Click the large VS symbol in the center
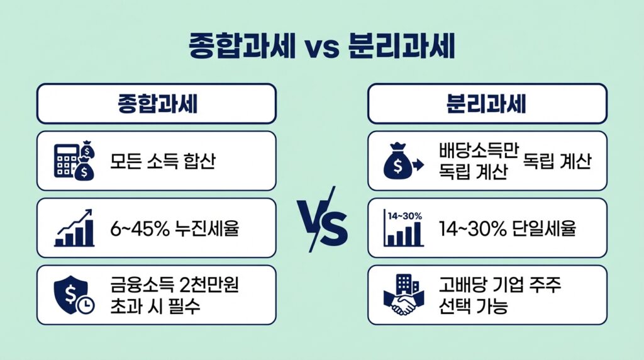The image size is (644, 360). coord(322,220)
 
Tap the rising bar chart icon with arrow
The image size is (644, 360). coord(75,228)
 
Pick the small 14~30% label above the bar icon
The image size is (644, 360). coord(405,216)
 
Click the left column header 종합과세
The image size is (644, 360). coord(157,104)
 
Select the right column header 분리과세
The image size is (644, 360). coord(487,104)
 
